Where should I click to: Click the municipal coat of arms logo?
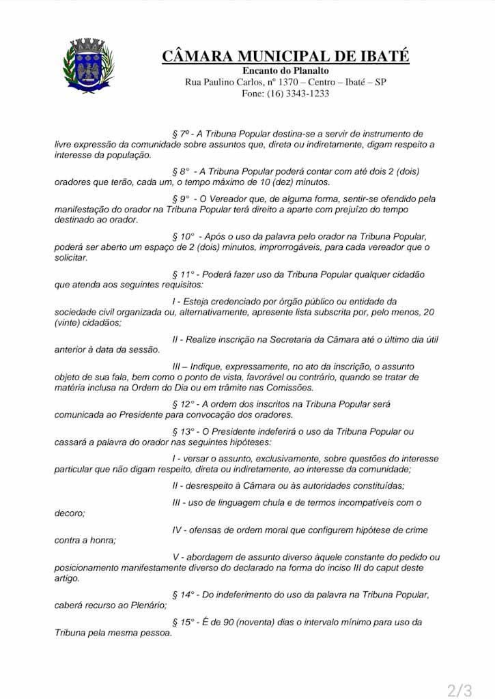[x=88, y=66]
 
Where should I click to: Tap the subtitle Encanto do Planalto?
[x=285, y=71]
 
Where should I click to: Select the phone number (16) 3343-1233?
[x=298, y=94]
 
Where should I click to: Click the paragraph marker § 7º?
[x=181, y=134]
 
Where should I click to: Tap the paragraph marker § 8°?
[x=181, y=171]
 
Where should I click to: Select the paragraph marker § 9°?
[x=181, y=199]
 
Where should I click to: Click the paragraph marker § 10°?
[x=184, y=236]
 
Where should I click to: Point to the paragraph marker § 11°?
[x=184, y=274]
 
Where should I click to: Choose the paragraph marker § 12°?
[x=184, y=404]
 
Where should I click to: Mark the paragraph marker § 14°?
[x=184, y=595]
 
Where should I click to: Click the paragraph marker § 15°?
[x=184, y=622]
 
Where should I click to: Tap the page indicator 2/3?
[x=459, y=690]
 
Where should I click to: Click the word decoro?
[x=70, y=513]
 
